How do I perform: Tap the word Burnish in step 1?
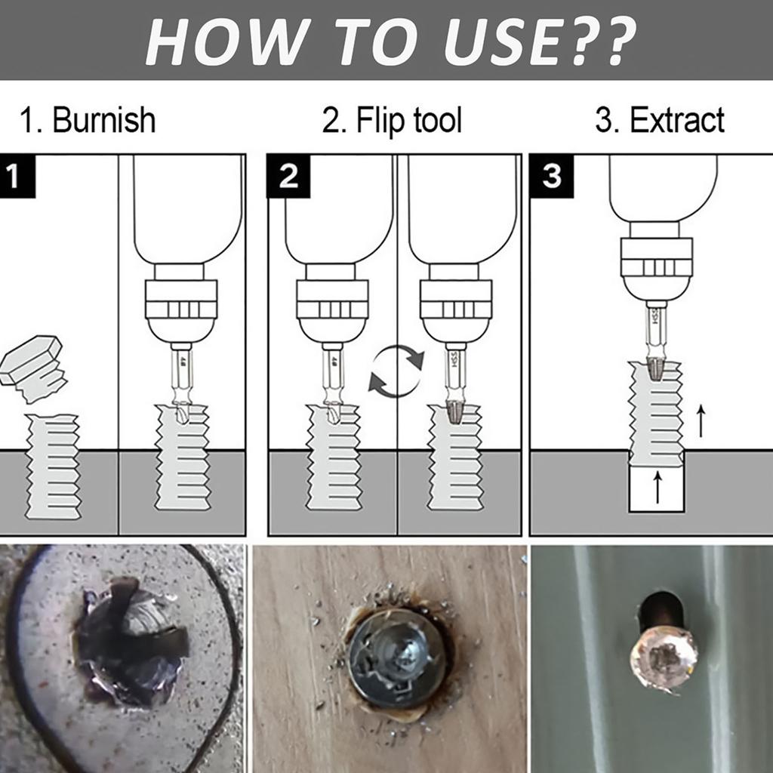pyautogui.click(x=103, y=121)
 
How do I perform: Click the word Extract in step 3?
pyautogui.click(x=676, y=121)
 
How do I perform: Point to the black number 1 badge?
pyautogui.click(x=17, y=176)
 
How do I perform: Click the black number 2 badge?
pyautogui.click(x=288, y=176)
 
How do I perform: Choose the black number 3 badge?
pyautogui.click(x=552, y=176)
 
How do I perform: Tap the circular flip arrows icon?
pyautogui.click(x=396, y=371)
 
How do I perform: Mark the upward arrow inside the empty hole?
pyautogui.click(x=657, y=487)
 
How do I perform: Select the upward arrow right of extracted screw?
pyautogui.click(x=701, y=420)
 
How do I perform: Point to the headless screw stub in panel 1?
pyautogui.click(x=53, y=467)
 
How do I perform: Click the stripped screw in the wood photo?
pyautogui.click(x=396, y=656)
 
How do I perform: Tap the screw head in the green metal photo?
pyautogui.click(x=664, y=657)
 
